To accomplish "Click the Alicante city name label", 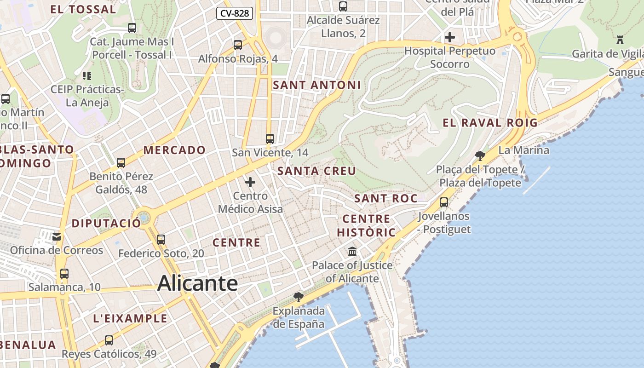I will point(197,283).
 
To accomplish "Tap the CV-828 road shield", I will point(235,13).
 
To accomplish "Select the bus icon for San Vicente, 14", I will point(270,138).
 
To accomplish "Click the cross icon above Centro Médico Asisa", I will point(250,182).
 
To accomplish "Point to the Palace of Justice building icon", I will point(353,252).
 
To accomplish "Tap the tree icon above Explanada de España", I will point(299,297).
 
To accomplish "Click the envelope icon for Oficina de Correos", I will point(57,237).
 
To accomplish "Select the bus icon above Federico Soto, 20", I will point(161,240).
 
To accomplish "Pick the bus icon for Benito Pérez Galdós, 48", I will point(121,162).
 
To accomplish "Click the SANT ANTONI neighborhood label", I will point(317,85).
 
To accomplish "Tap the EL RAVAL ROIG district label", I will point(490,123).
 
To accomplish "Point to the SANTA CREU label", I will point(317,171).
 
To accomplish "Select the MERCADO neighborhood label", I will point(174,150).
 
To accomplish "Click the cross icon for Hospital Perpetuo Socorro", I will point(450,37).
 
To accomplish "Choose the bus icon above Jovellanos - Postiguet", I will point(444,202).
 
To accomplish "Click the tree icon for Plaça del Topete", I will point(480,155).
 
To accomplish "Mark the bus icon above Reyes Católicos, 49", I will point(109,340).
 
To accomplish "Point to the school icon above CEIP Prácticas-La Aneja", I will point(87,75).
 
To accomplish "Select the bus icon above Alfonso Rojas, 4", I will point(238,45).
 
